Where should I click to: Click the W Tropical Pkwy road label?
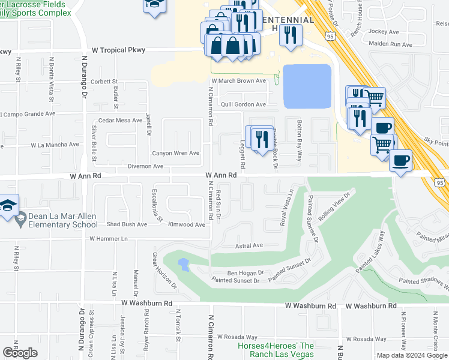click(118, 50)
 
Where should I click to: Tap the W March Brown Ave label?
click(238, 80)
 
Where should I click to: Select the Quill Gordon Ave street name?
click(243, 104)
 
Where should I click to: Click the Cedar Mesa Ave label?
click(120, 121)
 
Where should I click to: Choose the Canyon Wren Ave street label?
click(175, 153)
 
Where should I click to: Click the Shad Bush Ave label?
click(127, 224)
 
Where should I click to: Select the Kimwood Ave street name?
click(187, 224)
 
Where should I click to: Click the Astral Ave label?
click(249, 245)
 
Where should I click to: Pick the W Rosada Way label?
click(237, 337)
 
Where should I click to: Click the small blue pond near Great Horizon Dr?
click(183, 264)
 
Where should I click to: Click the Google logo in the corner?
click(20, 353)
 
